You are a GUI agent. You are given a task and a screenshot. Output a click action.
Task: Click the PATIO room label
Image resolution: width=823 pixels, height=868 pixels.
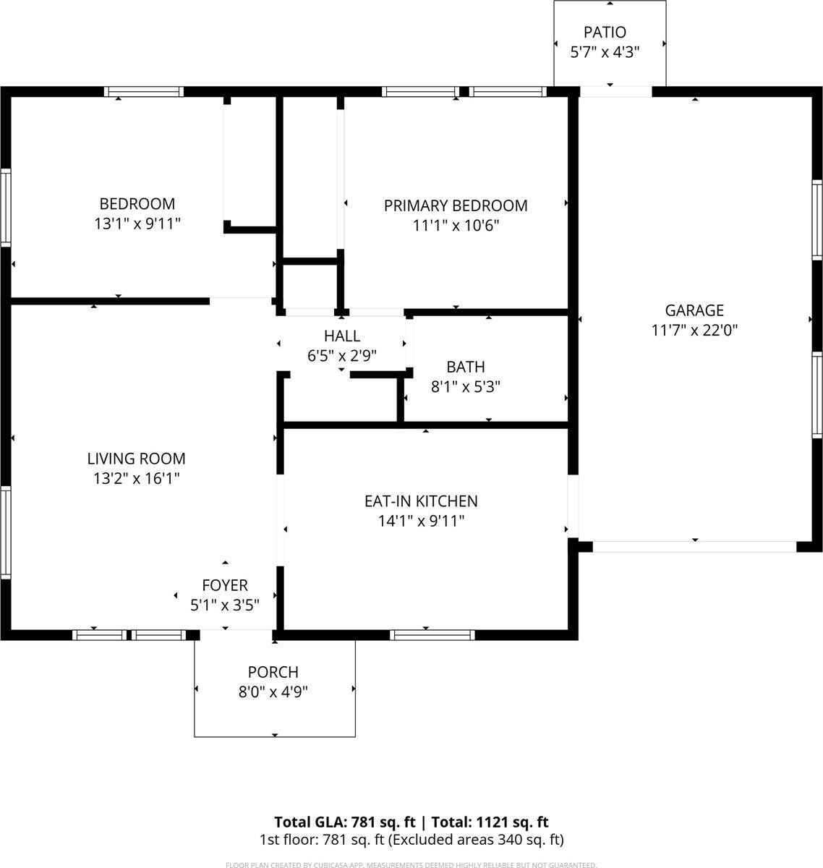[605, 32]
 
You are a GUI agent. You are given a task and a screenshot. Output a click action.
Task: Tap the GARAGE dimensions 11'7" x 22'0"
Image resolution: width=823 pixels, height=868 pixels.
[694, 331]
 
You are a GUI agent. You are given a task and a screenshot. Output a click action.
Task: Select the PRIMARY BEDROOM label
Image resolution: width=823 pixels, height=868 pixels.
[456, 205]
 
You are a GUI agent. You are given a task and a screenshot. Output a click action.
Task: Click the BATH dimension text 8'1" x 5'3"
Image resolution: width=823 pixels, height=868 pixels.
[466, 387]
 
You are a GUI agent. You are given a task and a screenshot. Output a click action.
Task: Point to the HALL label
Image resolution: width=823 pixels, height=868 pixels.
[342, 336]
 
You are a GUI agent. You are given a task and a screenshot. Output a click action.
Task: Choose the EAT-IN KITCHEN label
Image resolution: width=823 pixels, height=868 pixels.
[421, 501]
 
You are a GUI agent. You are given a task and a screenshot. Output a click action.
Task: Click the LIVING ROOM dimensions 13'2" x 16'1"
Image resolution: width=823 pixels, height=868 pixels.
[136, 478]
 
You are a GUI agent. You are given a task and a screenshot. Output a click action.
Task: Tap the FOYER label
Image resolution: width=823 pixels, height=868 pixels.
[225, 585]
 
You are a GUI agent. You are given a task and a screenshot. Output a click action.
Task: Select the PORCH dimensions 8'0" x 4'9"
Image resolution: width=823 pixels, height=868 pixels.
[273, 692]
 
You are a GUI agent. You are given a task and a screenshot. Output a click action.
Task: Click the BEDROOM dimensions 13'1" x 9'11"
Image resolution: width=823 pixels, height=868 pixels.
[137, 224]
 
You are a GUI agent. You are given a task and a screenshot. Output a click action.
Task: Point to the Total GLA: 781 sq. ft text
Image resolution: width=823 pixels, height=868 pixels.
[344, 822]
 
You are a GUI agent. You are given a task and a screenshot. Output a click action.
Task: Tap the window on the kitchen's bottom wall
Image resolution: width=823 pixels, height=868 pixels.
[432, 635]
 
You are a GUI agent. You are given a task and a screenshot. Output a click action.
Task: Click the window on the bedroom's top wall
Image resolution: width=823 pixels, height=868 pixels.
[143, 92]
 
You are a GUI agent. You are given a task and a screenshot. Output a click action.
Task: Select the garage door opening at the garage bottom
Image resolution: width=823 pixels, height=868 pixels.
[694, 547]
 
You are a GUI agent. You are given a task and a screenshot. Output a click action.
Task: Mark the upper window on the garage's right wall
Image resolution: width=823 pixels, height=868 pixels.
[817, 218]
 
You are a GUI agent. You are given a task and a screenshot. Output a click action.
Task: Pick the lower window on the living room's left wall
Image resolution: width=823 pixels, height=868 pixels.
[5, 532]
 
